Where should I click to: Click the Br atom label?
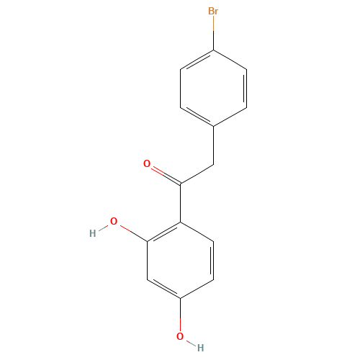pos(213,11)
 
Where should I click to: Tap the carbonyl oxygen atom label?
pos(147,163)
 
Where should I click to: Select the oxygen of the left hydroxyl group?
pos(114,221)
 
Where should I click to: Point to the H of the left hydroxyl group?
pos(93,233)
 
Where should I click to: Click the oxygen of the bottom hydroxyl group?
pos(180,336)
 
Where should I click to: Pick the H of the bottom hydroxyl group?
pos(201,348)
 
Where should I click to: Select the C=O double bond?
pos(166,175)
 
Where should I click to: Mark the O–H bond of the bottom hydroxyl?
pos(190,342)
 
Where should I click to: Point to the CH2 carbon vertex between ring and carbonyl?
pos(213,165)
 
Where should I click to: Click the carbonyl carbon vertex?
pos(180,184)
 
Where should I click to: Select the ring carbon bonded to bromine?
pos(213,50)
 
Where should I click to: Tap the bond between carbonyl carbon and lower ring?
pos(180,203)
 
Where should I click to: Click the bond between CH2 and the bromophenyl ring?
pos(213,145)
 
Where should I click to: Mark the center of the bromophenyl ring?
pos(213,89)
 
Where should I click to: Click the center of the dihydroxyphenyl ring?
pos(180,261)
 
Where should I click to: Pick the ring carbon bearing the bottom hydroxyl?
pos(180,299)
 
